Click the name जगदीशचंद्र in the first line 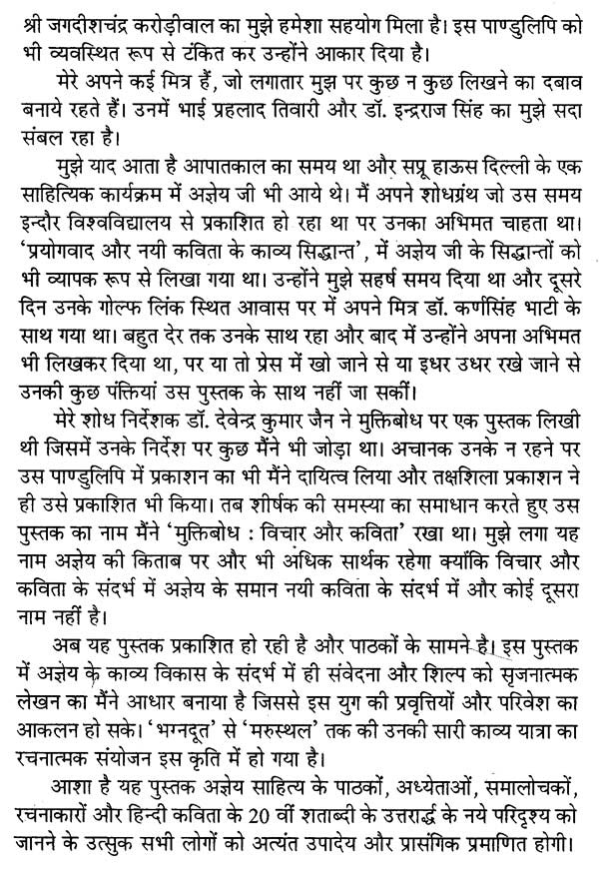(x=79, y=19)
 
